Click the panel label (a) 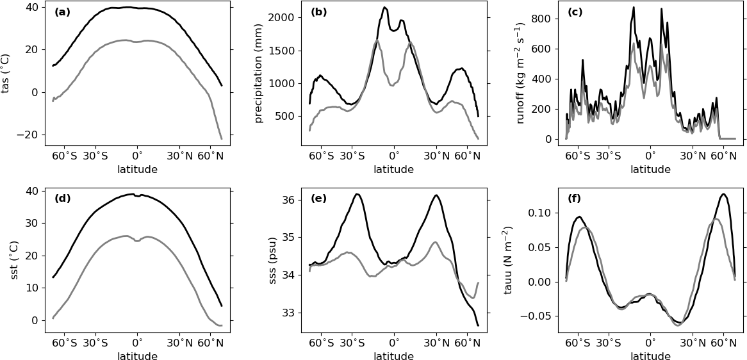tap(62, 12)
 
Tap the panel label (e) tap(318, 199)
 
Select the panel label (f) tap(575, 199)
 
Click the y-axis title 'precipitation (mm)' tap(259, 73)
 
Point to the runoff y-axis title tap(520, 73)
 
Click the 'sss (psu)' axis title tap(272, 260)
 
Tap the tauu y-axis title tap(508, 260)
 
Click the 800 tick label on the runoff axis tap(542, 19)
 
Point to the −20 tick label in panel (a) tap(28, 135)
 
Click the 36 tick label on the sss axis tap(288, 200)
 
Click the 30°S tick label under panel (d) tap(95, 343)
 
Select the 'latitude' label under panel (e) tap(393, 356)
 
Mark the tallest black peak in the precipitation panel tap(384, 8)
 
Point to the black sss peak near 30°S tap(357, 194)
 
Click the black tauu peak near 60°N tap(723, 194)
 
